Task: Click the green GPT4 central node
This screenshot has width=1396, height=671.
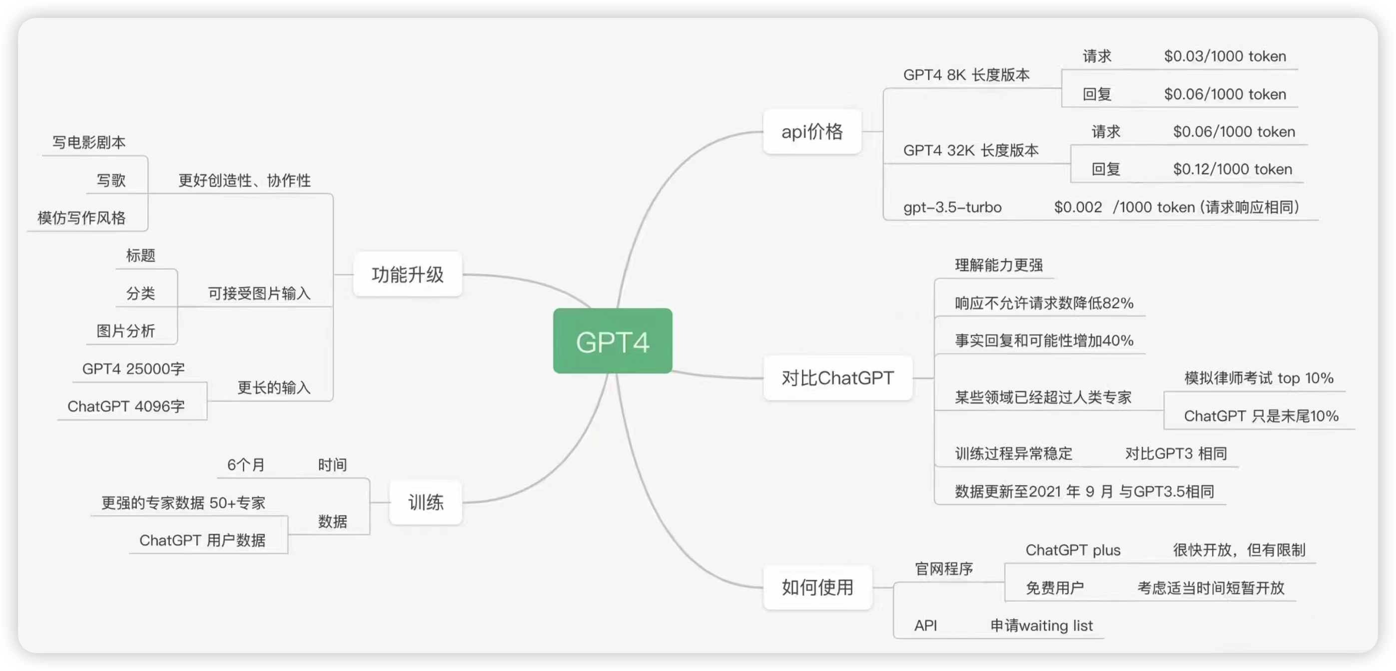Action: click(613, 340)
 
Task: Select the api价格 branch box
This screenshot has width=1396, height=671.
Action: click(812, 132)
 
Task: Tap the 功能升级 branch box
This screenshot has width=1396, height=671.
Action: click(408, 274)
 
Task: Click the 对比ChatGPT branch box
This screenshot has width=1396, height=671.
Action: click(837, 377)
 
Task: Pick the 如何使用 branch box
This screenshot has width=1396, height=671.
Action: click(817, 587)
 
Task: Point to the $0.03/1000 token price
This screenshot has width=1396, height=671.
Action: click(1225, 56)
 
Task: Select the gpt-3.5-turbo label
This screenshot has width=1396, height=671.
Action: click(952, 207)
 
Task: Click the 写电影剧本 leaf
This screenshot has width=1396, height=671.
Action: click(89, 142)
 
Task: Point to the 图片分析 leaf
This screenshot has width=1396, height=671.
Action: click(126, 331)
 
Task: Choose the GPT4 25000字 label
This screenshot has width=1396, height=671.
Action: click(133, 369)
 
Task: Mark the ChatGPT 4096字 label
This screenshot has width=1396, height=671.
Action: click(126, 406)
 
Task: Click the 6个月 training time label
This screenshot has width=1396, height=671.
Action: click(245, 465)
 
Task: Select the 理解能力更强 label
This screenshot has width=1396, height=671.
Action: click(999, 265)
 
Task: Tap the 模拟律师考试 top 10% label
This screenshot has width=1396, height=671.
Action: click(1259, 378)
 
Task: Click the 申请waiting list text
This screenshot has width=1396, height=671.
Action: click(1041, 626)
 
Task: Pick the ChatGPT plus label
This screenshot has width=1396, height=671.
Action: click(1072, 550)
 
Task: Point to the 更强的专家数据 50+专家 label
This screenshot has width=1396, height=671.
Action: click(183, 503)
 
